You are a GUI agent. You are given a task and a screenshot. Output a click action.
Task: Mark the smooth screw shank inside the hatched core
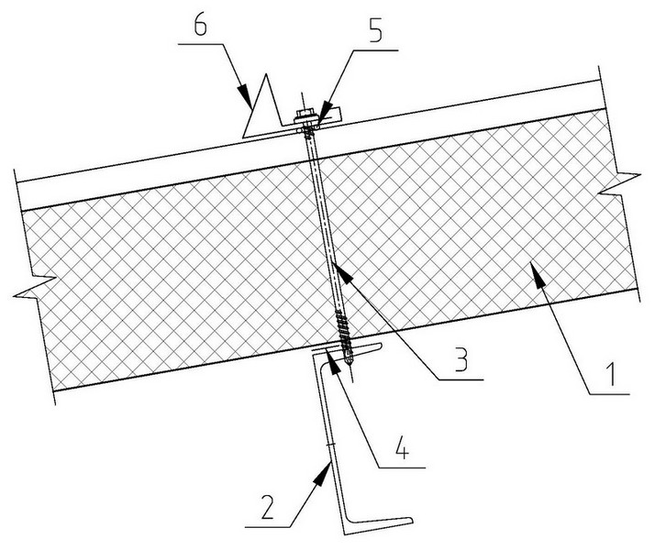(x=322, y=229)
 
